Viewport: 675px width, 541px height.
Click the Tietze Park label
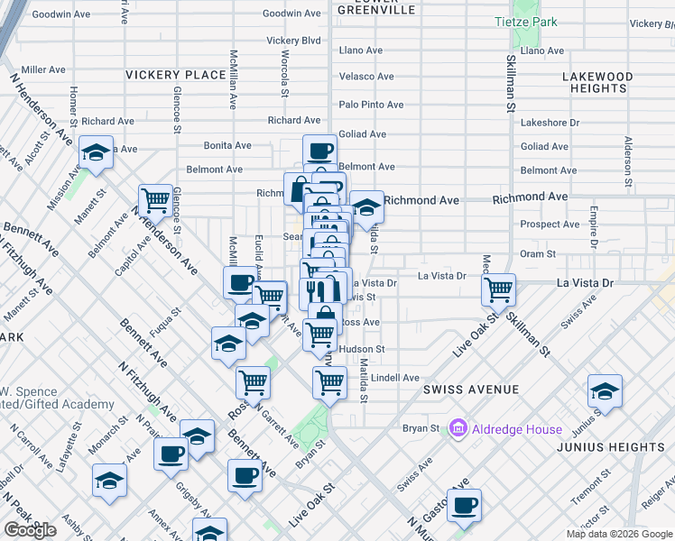pyautogui.click(x=526, y=22)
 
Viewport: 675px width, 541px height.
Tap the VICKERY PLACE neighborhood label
pyautogui.click(x=175, y=75)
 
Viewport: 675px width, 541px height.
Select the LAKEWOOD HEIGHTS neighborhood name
pyautogui.click(x=596, y=83)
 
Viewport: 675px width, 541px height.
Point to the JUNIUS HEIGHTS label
pyautogui.click(x=623, y=447)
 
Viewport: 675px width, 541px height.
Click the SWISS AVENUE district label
pyautogui.click(x=471, y=390)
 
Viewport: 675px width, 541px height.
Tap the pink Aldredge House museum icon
pyautogui.click(x=458, y=428)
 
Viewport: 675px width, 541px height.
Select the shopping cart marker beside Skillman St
pyautogui.click(x=498, y=290)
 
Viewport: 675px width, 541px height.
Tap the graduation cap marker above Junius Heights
pyautogui.click(x=605, y=391)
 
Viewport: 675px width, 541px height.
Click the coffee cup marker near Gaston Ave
pyautogui.click(x=464, y=506)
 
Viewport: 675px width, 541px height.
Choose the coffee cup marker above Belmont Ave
pyautogui.click(x=320, y=151)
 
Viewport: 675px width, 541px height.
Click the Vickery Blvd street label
pyautogui.click(x=294, y=41)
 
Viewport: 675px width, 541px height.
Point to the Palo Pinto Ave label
pyautogui.click(x=371, y=105)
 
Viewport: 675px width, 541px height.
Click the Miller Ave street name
pyautogui.click(x=43, y=69)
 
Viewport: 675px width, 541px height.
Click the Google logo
pyautogui.click(x=30, y=530)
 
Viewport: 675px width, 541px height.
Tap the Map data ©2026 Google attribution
pyautogui.click(x=619, y=534)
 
